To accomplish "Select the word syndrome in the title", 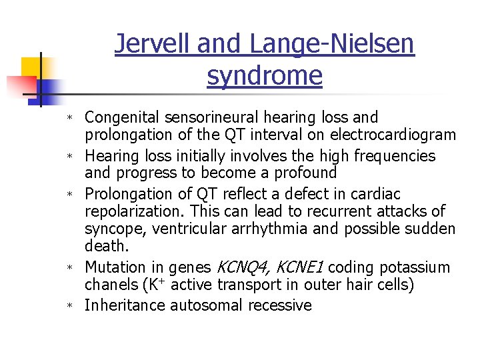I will pos(265,75).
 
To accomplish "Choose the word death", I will pos(106,247).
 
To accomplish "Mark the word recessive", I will pos(280,305).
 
